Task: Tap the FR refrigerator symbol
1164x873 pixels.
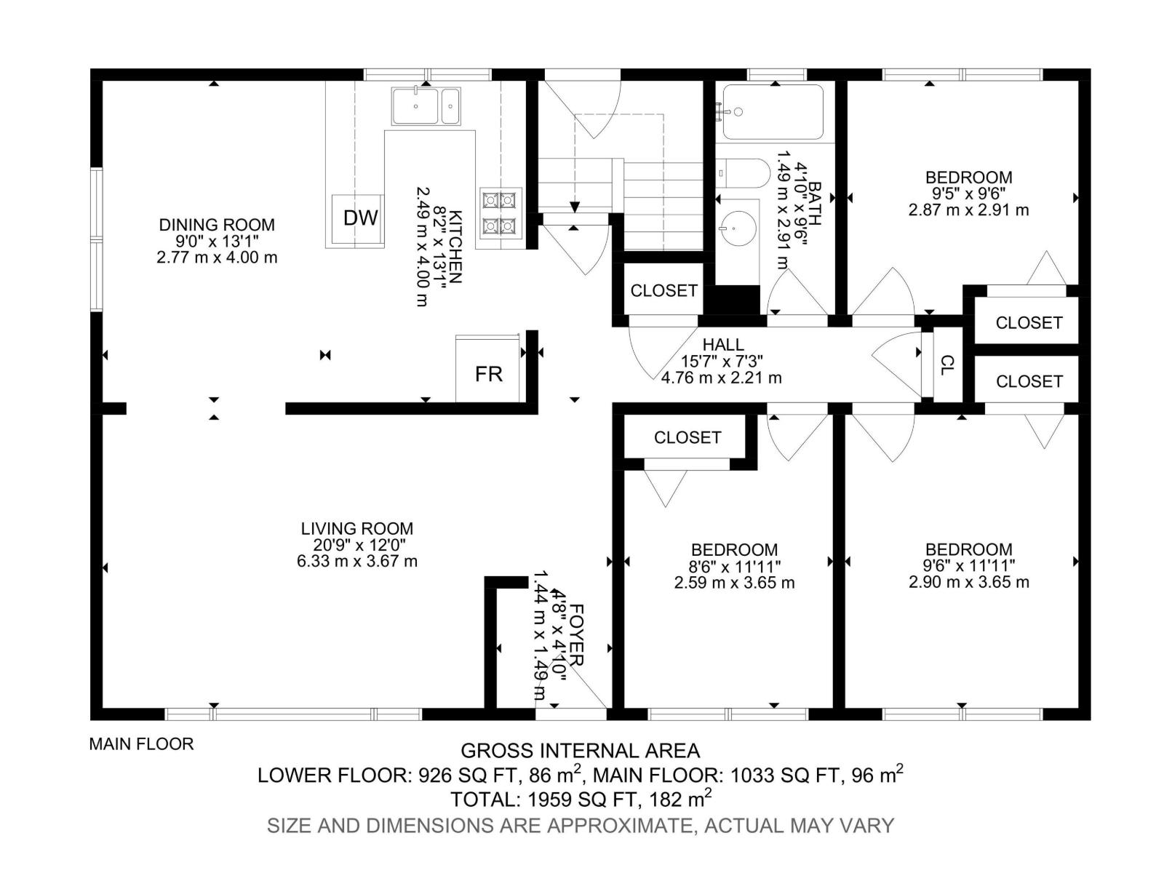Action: [487, 368]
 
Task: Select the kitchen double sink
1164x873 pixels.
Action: [426, 106]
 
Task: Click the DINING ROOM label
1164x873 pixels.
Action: [217, 225]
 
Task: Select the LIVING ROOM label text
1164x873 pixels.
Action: [357, 528]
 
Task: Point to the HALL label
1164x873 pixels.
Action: [723, 345]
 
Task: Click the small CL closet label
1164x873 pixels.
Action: [946, 364]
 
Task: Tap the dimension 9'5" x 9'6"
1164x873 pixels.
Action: [968, 194]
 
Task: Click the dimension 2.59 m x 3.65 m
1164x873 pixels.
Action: [734, 583]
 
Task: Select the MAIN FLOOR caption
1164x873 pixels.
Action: [141, 744]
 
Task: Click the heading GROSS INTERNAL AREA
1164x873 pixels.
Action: [580, 751]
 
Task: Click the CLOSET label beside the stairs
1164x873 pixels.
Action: [663, 290]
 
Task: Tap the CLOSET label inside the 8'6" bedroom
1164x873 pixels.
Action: [687, 437]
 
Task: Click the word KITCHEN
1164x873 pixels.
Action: [455, 247]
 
